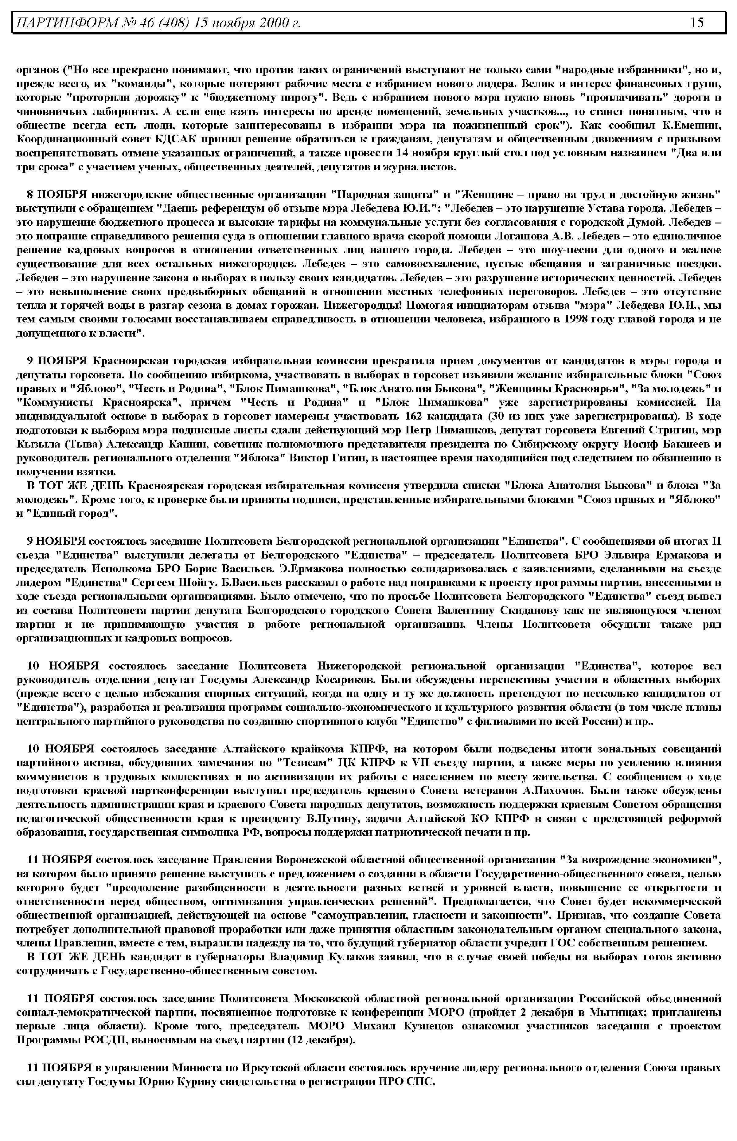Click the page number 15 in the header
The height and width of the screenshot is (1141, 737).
[697, 22]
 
